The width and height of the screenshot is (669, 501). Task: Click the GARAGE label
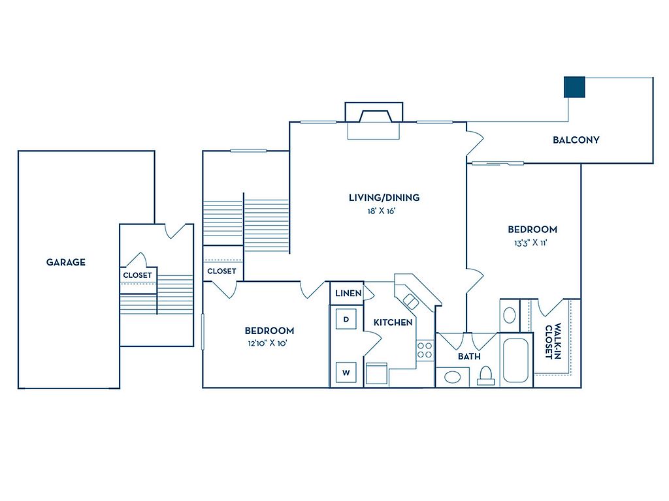[65, 262]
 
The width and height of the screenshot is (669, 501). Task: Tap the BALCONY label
[576, 140]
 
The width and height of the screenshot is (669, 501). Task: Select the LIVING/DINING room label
[383, 197]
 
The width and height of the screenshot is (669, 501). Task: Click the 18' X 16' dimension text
[383, 210]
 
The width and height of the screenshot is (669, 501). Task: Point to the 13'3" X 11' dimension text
[532, 242]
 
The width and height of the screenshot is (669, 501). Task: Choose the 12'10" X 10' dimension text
[269, 343]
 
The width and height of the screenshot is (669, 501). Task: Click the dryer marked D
[346, 319]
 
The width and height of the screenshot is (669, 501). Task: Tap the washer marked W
[346, 372]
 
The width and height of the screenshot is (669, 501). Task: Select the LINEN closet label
[348, 294]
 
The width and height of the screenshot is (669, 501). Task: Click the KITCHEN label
[393, 322]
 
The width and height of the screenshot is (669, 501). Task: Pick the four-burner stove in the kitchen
[425, 350]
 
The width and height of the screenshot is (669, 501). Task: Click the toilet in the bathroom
[485, 375]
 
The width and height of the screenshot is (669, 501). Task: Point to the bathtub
[517, 360]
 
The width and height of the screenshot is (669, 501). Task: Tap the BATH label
[469, 356]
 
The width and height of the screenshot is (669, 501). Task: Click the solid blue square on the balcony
[574, 87]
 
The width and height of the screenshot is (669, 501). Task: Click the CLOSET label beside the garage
[137, 275]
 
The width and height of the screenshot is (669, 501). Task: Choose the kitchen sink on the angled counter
[411, 301]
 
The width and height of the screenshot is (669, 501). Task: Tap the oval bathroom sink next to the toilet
[452, 376]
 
